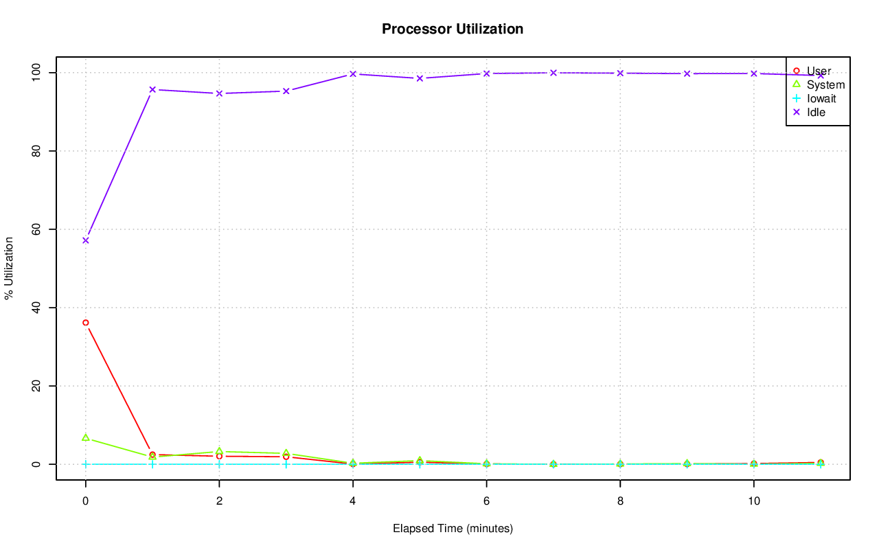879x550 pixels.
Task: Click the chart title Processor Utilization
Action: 453,29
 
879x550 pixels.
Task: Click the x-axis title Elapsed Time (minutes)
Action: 453,529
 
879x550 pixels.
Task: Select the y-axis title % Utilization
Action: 10,268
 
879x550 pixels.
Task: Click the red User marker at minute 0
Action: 86,322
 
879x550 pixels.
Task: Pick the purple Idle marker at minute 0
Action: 86,240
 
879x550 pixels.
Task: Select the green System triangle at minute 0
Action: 86,437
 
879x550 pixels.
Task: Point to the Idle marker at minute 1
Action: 152,89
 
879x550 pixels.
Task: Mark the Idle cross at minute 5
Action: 420,78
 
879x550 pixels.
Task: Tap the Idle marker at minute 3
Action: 286,91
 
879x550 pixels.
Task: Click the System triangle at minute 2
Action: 219,451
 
